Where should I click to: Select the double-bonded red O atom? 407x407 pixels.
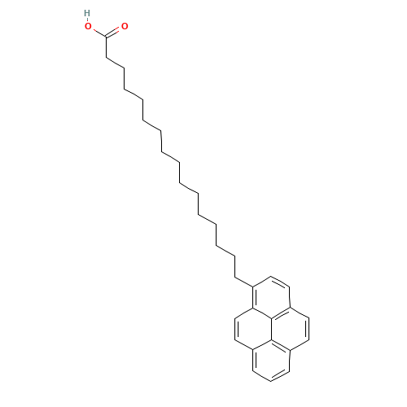tap(125, 27)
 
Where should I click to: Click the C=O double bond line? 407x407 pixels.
tap(116, 32)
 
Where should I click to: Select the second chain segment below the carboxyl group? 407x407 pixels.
tap(115, 63)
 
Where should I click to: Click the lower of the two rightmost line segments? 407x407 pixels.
tap(300, 345)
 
